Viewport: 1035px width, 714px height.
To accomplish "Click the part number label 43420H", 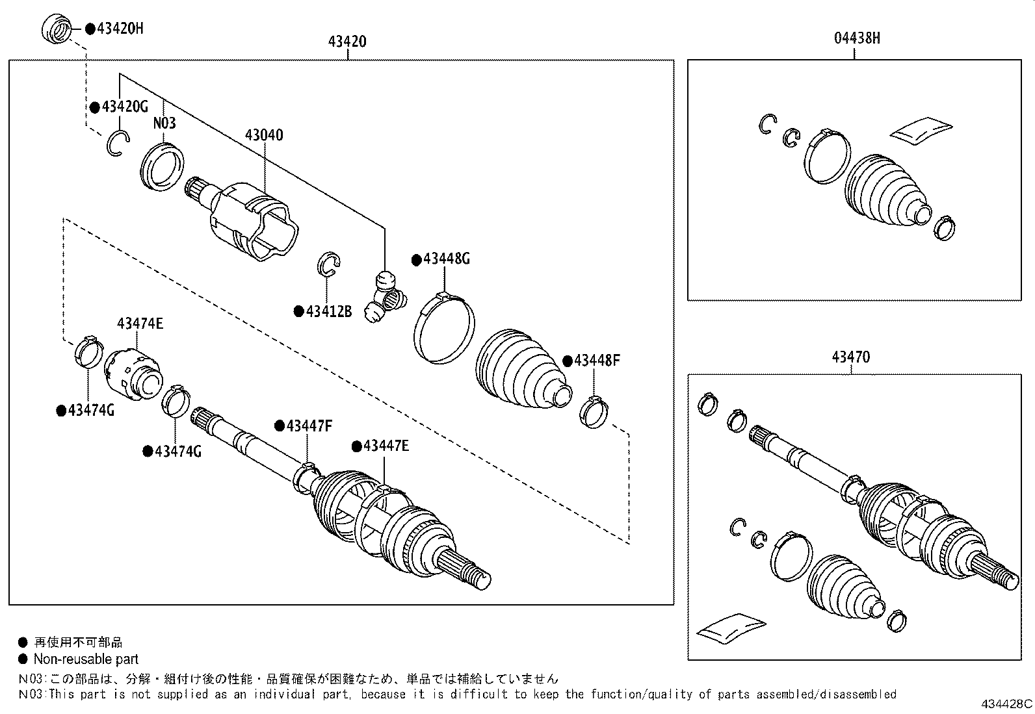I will [120, 28].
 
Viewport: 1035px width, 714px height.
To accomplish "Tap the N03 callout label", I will [164, 123].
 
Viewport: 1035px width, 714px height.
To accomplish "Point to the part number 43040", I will [264, 135].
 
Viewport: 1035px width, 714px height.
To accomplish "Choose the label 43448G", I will [446, 259].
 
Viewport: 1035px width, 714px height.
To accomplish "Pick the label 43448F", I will [597, 361].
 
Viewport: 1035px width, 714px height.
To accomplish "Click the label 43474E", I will [140, 323].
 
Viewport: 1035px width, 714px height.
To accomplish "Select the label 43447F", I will [309, 426].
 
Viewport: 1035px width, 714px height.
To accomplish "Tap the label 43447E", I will [386, 446].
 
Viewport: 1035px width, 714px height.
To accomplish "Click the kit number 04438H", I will [857, 38].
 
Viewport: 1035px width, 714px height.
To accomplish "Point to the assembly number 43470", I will [850, 357].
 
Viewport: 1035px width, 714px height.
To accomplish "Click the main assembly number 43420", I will [347, 42].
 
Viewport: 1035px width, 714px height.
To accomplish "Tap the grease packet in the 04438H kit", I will [921, 128].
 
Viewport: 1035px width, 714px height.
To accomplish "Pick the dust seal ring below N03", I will [163, 167].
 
